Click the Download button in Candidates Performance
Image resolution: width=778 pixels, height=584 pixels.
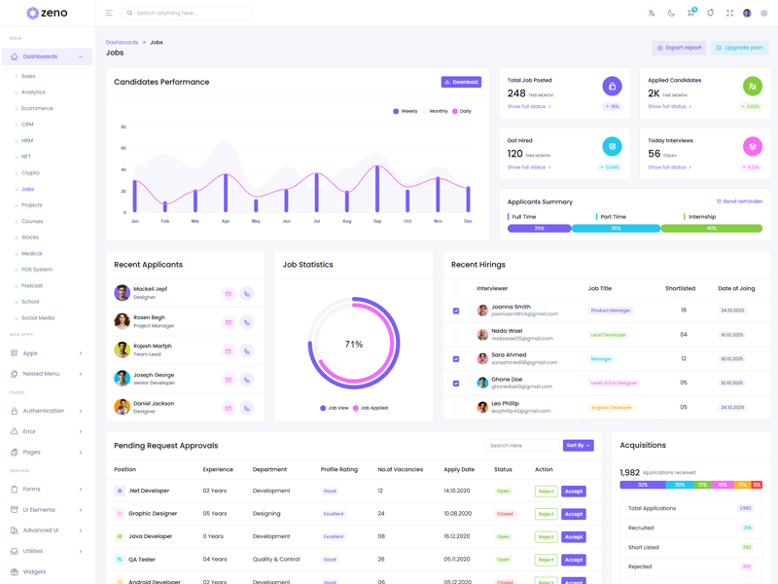tap(461, 82)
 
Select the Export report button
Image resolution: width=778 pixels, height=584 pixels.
tap(679, 48)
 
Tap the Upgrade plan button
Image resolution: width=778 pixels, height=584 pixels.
tap(739, 48)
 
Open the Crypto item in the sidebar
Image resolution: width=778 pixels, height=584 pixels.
tap(30, 173)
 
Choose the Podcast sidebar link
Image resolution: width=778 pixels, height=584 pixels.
tap(32, 285)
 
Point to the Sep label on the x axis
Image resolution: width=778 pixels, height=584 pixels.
tap(377, 221)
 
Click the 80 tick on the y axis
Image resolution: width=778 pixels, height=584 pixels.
tap(124, 127)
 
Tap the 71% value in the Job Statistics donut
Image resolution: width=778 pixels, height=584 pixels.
tap(354, 345)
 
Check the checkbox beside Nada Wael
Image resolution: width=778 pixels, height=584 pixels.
tap(456, 335)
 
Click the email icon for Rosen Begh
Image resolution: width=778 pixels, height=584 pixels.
tap(229, 322)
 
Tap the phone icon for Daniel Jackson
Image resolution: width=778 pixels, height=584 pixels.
tap(247, 408)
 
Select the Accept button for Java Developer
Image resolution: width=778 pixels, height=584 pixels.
tap(574, 536)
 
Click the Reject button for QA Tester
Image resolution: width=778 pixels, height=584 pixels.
tap(546, 560)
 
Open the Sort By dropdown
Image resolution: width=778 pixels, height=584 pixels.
tap(578, 445)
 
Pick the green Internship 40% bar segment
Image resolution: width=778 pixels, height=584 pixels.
tap(711, 229)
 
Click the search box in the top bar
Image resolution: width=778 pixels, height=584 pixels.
tap(190, 14)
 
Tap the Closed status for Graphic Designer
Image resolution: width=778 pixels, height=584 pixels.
tap(504, 514)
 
